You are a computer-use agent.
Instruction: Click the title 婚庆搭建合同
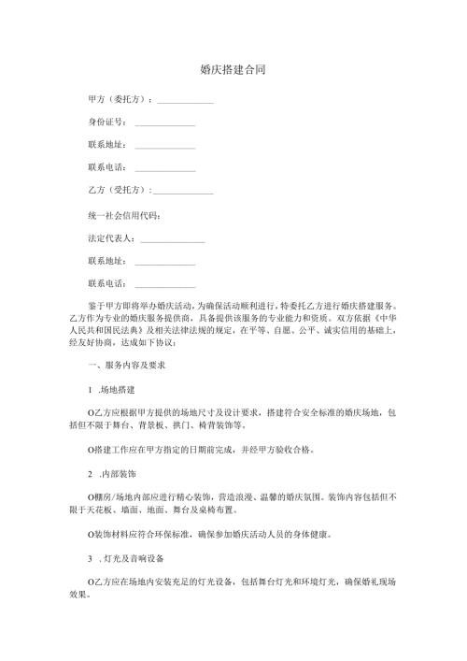233,69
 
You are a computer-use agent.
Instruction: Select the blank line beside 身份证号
165,123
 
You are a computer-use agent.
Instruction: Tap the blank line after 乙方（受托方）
183,192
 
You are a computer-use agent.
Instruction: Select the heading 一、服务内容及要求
125,363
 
